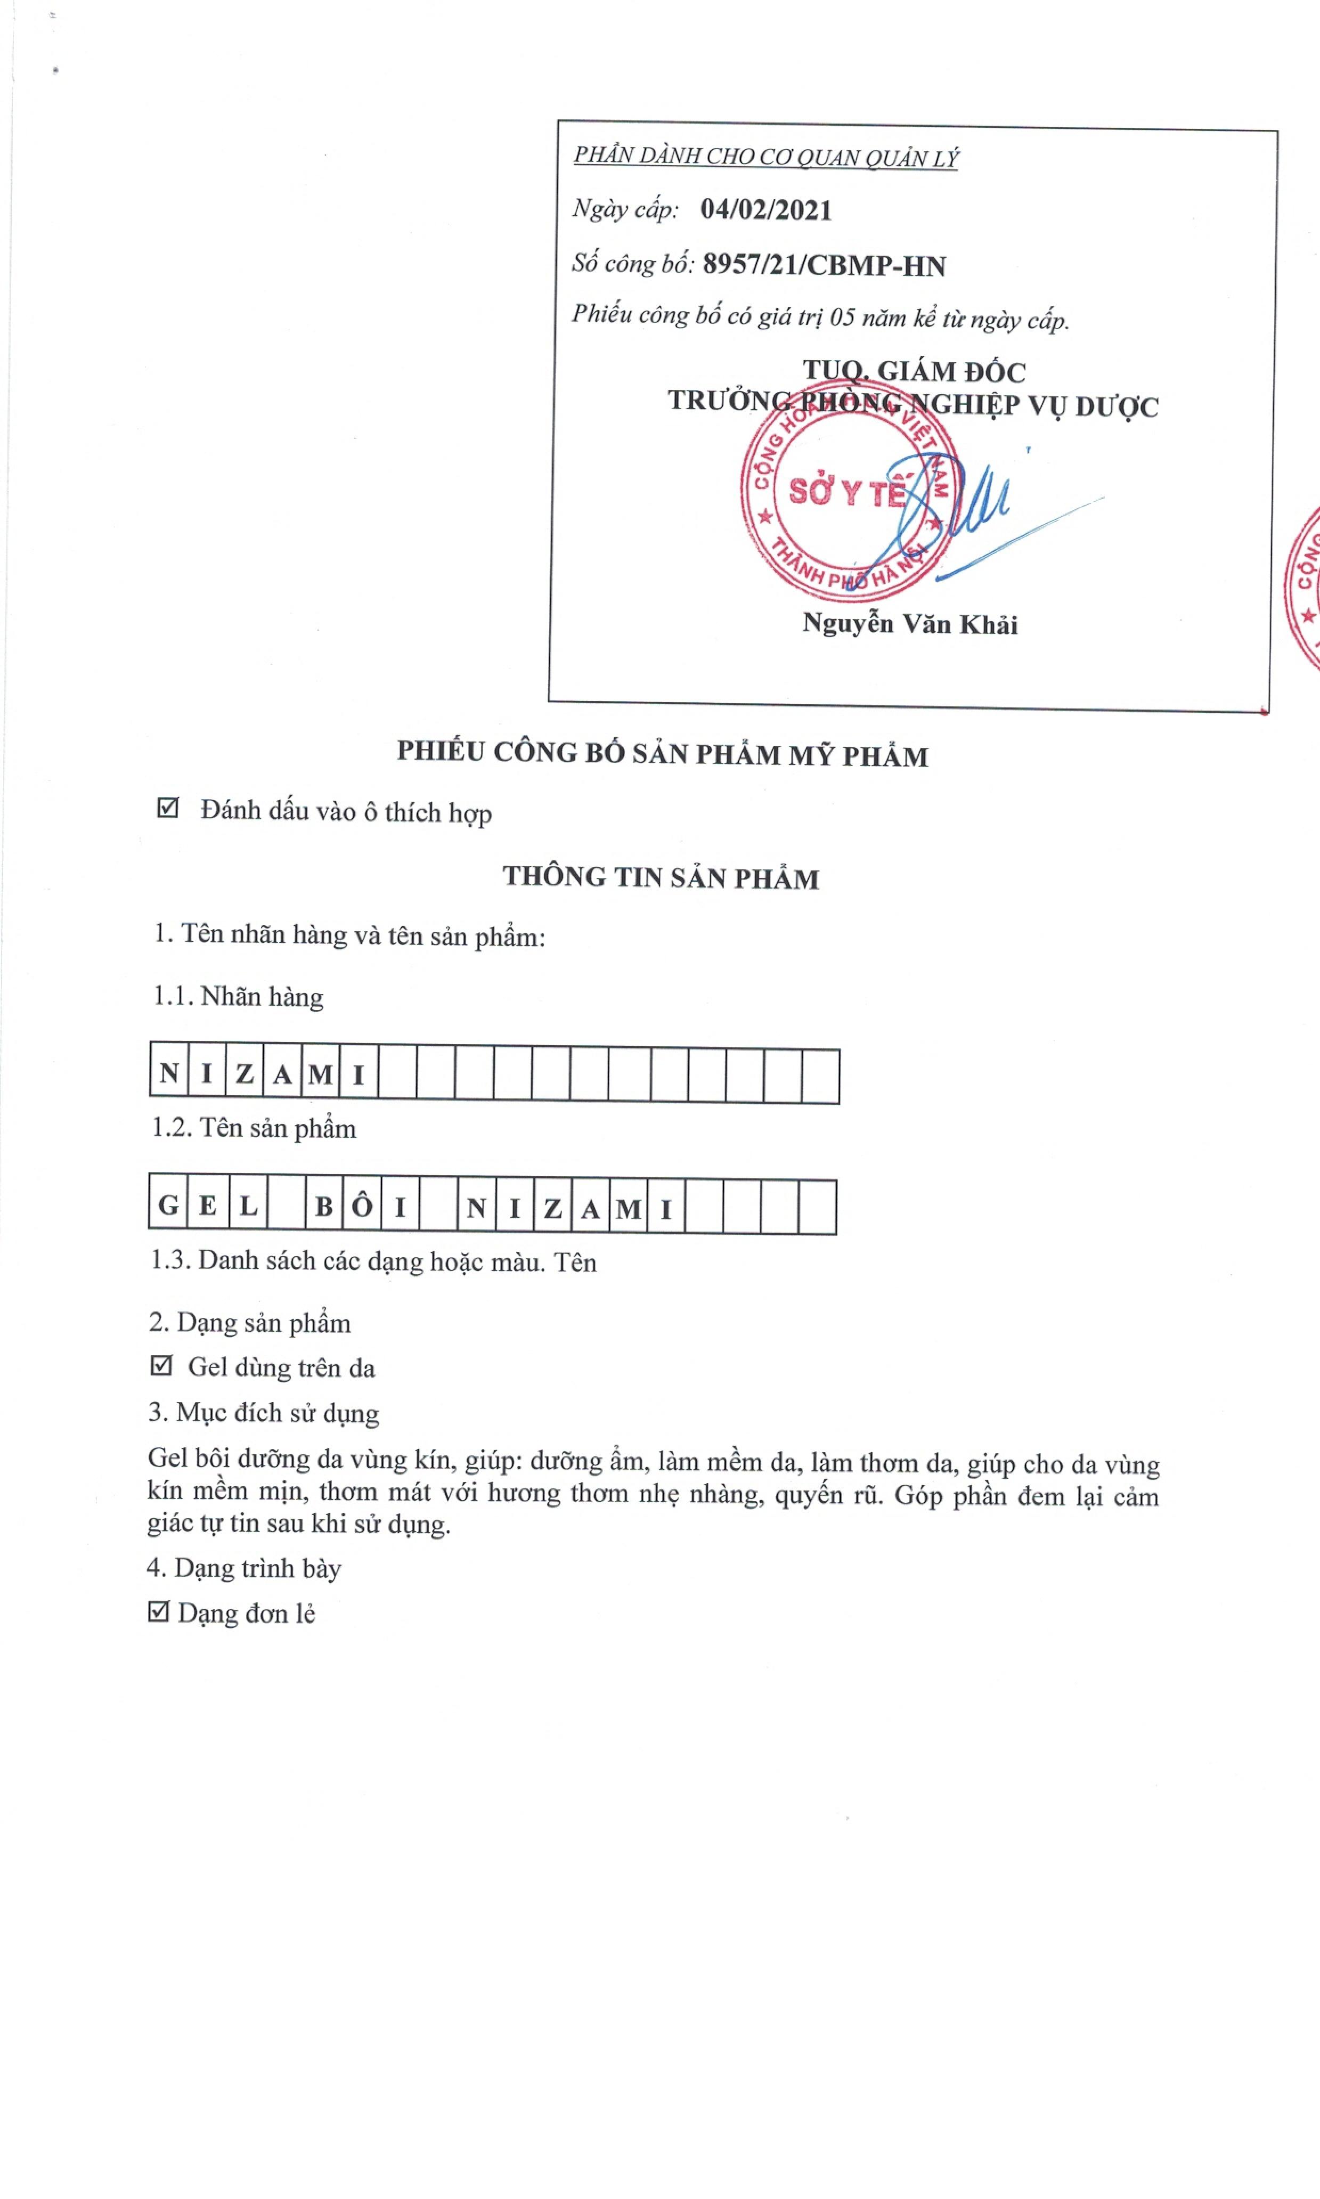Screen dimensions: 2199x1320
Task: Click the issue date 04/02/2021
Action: click(x=766, y=210)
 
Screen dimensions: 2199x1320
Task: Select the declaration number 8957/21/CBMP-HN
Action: click(x=824, y=265)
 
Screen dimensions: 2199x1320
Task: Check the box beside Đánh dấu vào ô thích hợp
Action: click(x=167, y=808)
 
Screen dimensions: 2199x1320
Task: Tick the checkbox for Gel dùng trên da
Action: click(x=161, y=1365)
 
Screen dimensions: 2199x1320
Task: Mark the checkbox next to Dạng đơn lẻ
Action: click(x=158, y=1611)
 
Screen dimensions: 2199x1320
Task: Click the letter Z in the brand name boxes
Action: click(x=245, y=1074)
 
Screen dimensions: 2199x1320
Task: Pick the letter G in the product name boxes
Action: click(x=168, y=1206)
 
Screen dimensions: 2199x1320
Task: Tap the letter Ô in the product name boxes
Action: click(x=362, y=1206)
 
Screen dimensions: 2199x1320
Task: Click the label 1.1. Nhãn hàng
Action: click(x=238, y=996)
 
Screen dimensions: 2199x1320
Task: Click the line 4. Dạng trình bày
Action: click(x=244, y=1567)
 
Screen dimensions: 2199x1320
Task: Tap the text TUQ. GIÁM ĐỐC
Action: click(x=914, y=371)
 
